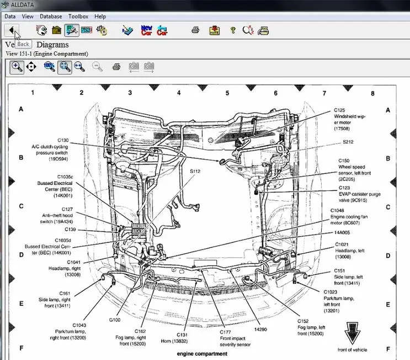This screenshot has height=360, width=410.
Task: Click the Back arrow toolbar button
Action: click(12, 30)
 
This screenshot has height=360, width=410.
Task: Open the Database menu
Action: click(51, 17)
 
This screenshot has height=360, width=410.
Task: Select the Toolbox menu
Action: click(78, 17)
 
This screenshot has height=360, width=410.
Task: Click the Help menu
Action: click(100, 17)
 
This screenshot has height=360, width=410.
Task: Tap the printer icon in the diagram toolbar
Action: click(116, 67)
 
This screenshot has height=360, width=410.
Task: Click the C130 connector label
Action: click(63, 140)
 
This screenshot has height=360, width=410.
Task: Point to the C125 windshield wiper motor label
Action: click(339, 110)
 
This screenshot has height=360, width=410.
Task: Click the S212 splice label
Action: click(348, 142)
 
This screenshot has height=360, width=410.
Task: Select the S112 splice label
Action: click(195, 171)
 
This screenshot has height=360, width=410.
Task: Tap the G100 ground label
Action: click(115, 319)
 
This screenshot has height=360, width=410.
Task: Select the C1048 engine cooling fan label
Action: click(337, 210)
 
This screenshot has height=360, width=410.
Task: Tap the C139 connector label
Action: click(70, 229)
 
